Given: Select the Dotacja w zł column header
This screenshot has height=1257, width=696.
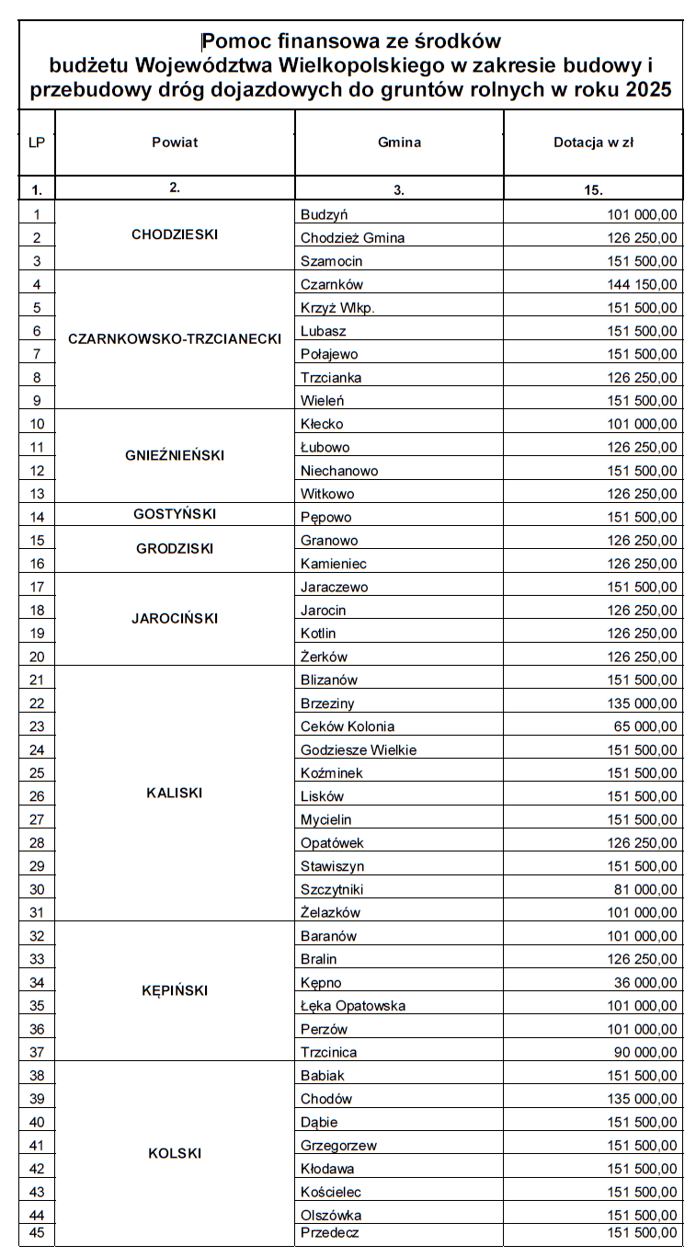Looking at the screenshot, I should point(593,143).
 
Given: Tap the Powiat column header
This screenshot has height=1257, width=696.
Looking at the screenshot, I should point(175,143).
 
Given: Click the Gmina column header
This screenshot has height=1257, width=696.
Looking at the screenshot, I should point(399,143).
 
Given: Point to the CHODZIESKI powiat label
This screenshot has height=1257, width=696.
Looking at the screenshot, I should point(175,234).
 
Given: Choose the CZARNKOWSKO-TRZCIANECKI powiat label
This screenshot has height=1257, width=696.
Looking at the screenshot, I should point(175,338).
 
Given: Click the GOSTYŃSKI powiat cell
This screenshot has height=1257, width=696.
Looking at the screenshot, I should point(175,514).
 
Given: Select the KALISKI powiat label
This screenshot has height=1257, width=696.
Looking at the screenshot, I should point(175,793).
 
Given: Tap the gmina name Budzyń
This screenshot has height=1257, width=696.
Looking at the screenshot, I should point(324,214).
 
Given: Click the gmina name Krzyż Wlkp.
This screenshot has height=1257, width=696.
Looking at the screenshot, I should point(337,308).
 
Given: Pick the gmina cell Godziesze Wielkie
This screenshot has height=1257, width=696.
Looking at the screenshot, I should point(359,750).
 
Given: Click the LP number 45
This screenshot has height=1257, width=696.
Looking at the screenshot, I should point(37,1233).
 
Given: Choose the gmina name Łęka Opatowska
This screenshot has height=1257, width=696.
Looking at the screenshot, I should point(353,1006).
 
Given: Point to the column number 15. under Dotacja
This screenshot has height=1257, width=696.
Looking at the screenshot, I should point(593,190).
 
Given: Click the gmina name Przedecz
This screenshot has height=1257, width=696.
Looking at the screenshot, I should point(329,1233).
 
